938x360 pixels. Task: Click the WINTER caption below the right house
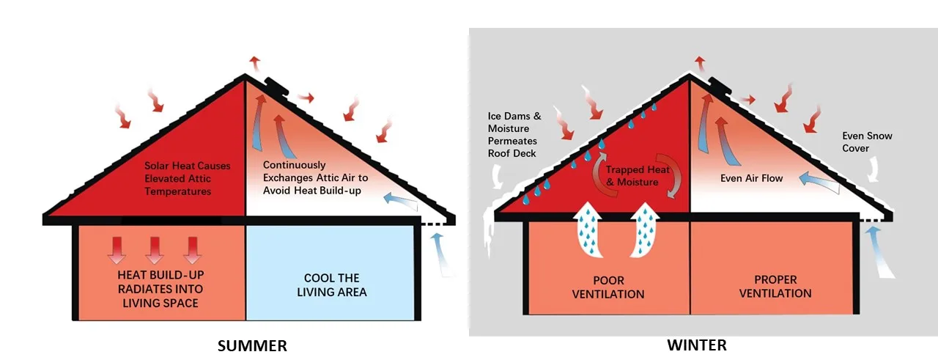696,345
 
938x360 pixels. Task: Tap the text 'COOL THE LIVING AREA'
331,285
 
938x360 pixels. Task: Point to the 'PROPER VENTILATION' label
775,287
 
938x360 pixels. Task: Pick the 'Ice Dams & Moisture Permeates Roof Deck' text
512,135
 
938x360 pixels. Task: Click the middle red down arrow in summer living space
155,249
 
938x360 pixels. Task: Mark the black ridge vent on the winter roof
720,89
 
